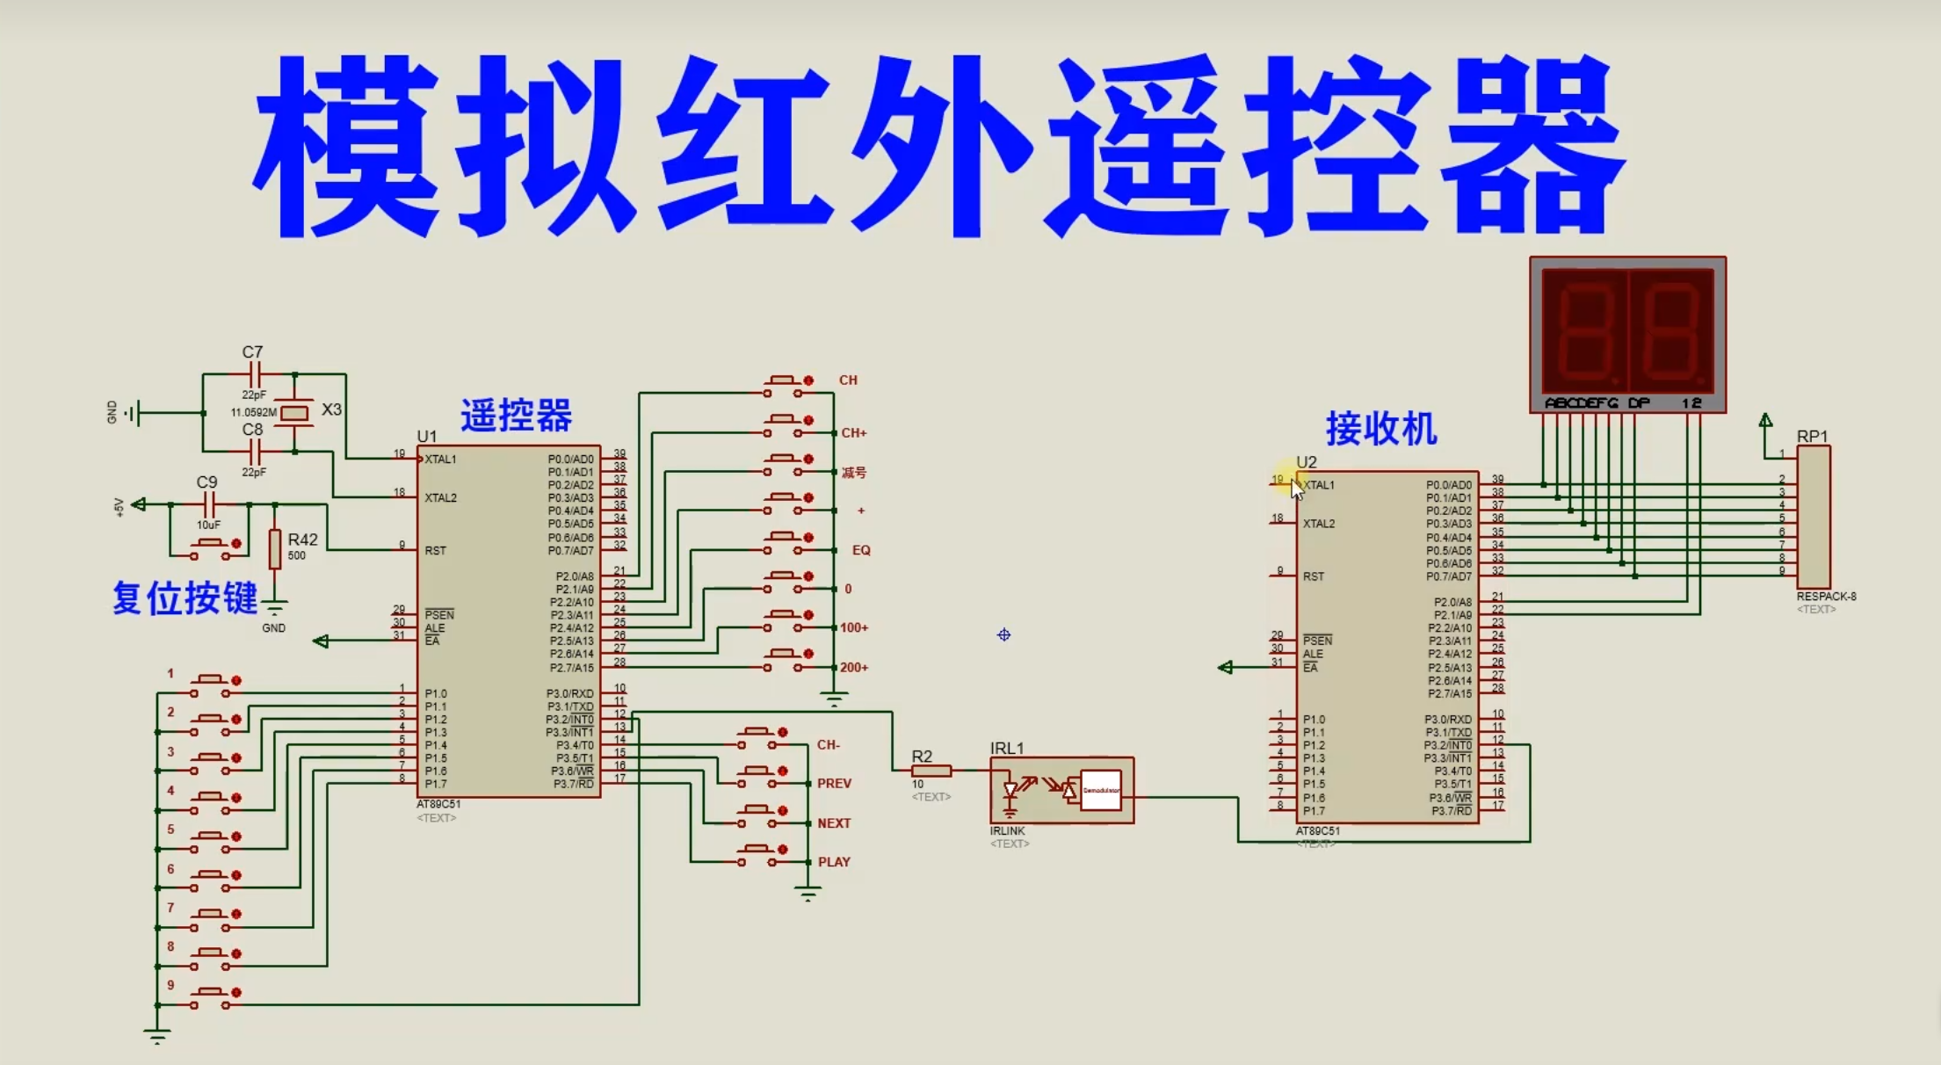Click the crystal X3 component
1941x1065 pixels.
click(x=295, y=412)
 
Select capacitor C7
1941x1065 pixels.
click(x=254, y=374)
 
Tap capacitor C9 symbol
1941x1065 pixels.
click(x=209, y=504)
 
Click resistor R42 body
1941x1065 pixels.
click(x=275, y=548)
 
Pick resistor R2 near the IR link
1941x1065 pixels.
click(x=931, y=771)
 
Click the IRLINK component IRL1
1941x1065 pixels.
click(x=1061, y=790)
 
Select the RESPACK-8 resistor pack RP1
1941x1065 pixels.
click(x=1813, y=517)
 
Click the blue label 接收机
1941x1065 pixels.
click(x=1380, y=429)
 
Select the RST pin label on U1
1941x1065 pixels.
click(x=435, y=551)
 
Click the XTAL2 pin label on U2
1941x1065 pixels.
click(x=1318, y=524)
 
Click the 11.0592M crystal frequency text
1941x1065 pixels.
click(x=253, y=412)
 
